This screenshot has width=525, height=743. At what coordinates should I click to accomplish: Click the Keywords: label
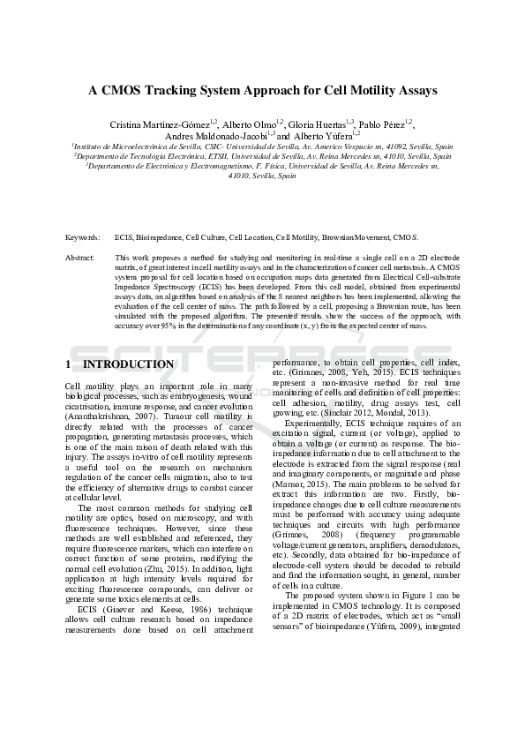(83, 237)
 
